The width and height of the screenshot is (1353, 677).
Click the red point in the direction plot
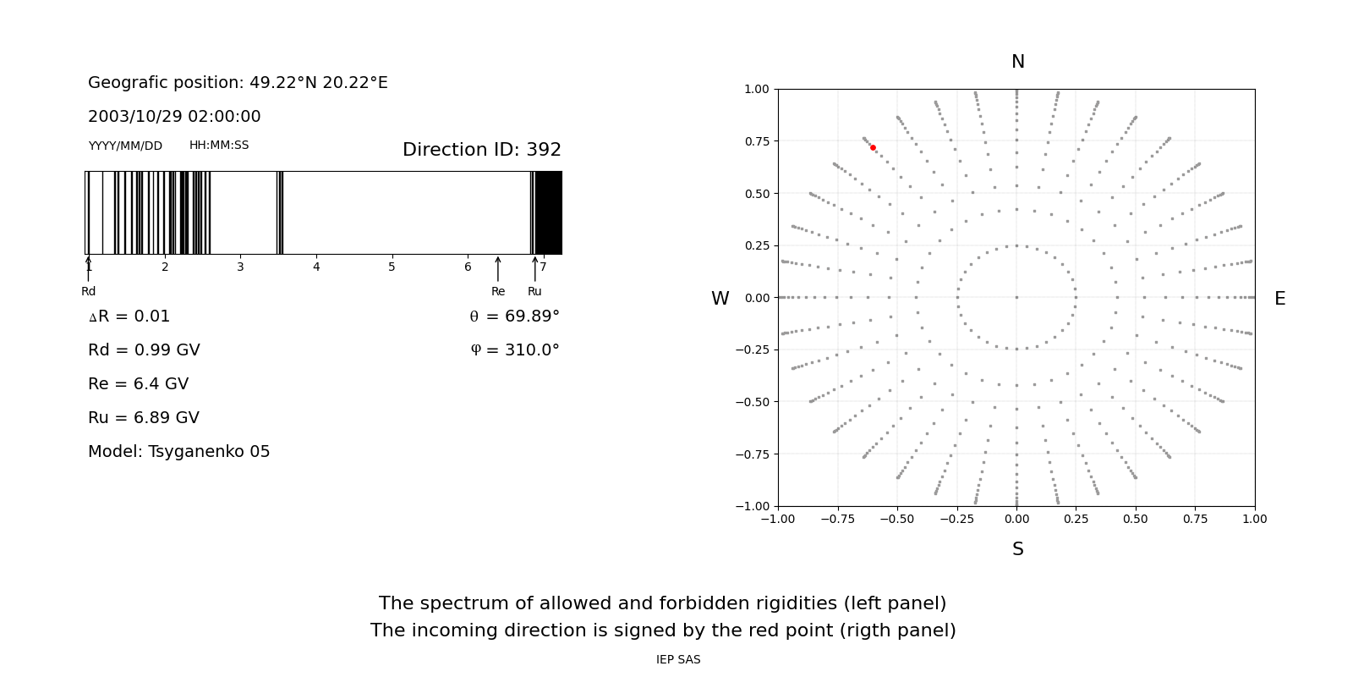873,147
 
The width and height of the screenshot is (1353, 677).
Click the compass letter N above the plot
1017,62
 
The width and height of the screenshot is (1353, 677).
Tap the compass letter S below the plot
1017,549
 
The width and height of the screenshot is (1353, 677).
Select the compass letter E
1279,299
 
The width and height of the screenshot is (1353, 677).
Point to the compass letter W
720,299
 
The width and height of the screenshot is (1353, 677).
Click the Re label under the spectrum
498,292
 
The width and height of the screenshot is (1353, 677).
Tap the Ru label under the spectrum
534,292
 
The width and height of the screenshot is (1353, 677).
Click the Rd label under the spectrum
89,292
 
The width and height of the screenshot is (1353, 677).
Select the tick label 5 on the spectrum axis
392,267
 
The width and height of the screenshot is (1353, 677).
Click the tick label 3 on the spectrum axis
240,267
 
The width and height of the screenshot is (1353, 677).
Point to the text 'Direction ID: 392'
481,150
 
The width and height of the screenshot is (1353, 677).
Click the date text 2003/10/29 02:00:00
174,117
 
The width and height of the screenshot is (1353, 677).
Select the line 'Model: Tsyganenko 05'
179,452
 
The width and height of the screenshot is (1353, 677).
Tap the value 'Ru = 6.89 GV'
144,418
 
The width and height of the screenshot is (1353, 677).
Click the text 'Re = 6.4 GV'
138,384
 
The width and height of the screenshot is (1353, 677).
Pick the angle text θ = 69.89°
514,316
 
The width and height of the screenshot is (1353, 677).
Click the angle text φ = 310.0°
514,350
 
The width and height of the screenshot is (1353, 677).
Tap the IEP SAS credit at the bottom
678,660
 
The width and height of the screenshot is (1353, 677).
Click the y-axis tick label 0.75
756,141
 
